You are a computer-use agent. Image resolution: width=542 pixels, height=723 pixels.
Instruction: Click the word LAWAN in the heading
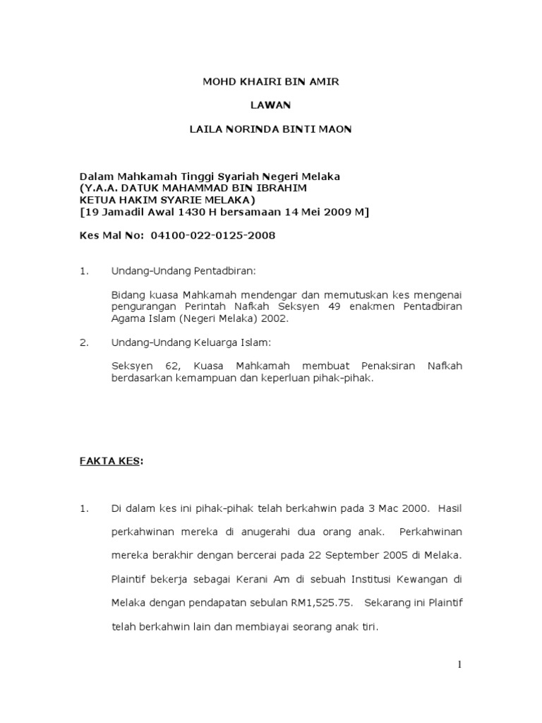(x=271, y=105)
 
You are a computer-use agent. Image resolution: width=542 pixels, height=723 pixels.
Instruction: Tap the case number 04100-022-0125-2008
(x=212, y=235)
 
